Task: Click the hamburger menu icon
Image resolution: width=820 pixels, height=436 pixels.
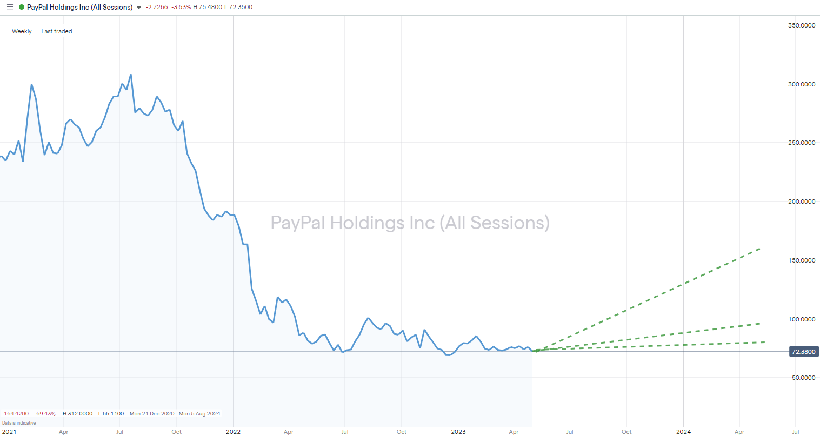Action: click(10, 7)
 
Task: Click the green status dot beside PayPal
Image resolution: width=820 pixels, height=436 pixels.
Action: click(21, 7)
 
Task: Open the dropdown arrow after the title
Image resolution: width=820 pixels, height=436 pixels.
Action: click(139, 8)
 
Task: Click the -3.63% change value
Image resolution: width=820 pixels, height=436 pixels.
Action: click(181, 7)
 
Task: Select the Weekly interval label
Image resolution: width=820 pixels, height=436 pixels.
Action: click(22, 31)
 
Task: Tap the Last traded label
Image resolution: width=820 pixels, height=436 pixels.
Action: click(57, 31)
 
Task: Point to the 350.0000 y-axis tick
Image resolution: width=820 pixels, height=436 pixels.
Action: click(801, 25)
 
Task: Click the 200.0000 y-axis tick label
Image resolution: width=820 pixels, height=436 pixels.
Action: click(801, 202)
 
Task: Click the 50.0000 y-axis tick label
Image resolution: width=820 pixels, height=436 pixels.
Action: click(803, 378)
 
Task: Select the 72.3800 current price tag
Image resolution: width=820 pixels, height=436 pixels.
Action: click(803, 352)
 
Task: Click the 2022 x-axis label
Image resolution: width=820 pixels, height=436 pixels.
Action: click(233, 432)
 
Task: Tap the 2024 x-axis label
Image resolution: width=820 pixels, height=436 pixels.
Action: click(683, 432)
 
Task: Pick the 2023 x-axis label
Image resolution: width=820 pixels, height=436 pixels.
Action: click(458, 432)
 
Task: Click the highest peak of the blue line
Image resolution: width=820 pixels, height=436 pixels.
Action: click(131, 75)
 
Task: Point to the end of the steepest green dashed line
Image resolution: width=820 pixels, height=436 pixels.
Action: click(760, 249)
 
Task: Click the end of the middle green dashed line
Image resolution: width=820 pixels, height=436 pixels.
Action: click(760, 324)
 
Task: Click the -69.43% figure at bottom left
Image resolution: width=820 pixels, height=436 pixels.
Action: click(45, 414)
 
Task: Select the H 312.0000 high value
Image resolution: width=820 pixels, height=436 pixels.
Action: click(77, 414)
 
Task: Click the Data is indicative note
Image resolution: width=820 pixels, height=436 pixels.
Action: click(19, 423)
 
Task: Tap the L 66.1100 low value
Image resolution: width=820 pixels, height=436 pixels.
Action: click(111, 414)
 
